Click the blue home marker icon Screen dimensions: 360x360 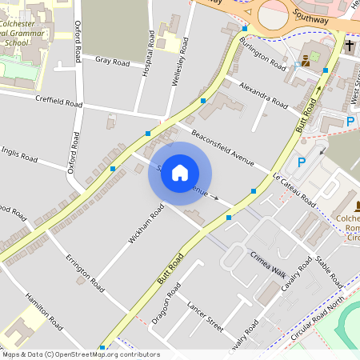pyautogui.click(x=180, y=172)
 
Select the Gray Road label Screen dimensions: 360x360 pyautogui.click(x=112, y=62)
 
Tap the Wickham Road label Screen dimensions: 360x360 pyautogui.click(x=146, y=223)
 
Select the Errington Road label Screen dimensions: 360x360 pyautogui.click(x=85, y=273)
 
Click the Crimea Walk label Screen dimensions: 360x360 pyautogui.click(x=268, y=263)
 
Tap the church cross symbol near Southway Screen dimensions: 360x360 pyautogui.click(x=350, y=46)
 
